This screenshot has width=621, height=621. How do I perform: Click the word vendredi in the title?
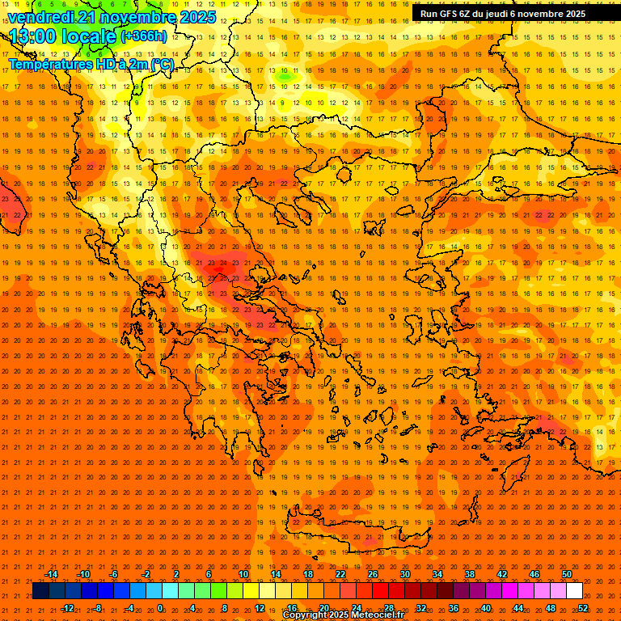coord(41,17)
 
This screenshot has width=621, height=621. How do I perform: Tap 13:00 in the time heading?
coord(33,36)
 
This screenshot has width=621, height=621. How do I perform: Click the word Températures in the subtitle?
coord(49,64)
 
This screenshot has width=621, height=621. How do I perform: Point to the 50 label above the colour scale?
coord(567,574)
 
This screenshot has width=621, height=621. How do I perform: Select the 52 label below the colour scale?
coord(583,608)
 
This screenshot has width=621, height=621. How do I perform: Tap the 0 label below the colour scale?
coord(160,608)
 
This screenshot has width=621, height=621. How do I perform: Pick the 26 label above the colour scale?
coord(373,574)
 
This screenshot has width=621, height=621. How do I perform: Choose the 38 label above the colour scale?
coord(470,574)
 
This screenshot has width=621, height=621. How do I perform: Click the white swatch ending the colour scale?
coord(574,591)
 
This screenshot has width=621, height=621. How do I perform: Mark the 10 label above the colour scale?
coord(243,574)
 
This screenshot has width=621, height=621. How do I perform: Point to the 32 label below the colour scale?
coord(421,608)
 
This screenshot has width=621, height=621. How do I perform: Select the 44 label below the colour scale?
coord(518,608)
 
